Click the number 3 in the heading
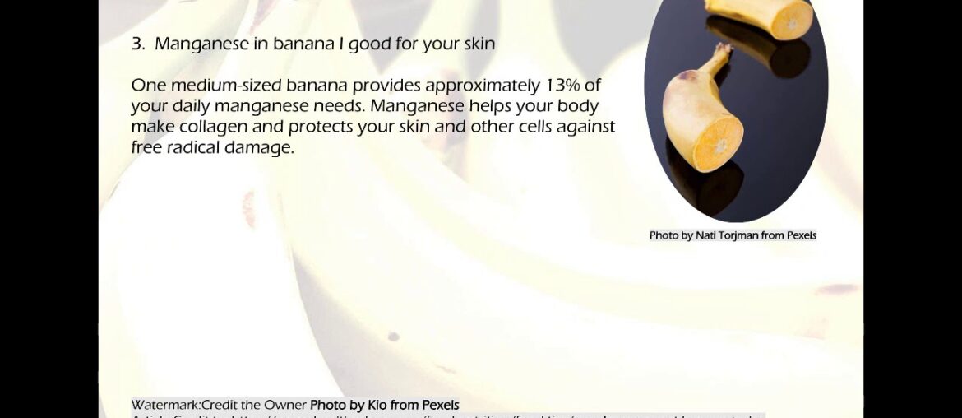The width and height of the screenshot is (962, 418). coord(136,44)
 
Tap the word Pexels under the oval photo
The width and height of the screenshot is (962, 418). coord(801,235)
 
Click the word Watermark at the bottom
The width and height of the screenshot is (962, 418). coord(165,405)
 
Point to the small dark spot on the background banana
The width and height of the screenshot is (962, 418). coord(393,337)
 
